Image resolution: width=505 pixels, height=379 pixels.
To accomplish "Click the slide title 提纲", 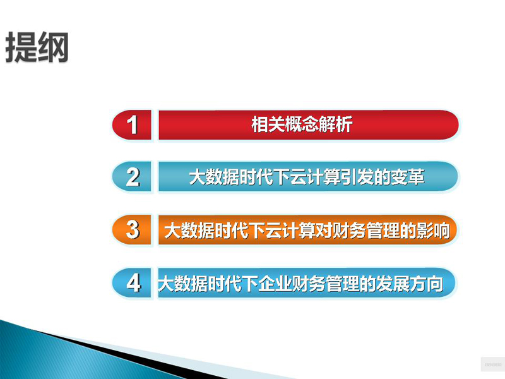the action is coord(37,47).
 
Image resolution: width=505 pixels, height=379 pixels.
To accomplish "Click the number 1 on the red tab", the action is coord(133,125).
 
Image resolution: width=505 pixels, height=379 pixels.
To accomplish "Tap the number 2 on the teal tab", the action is coord(133,177).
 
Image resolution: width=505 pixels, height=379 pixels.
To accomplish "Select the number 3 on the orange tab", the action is coord(133,229).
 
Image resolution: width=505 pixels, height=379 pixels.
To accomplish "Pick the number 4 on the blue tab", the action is coord(133,282).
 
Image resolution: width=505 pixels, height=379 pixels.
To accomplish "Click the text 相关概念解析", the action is coord(302,124).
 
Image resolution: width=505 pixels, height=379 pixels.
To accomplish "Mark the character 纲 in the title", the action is coord(53,47).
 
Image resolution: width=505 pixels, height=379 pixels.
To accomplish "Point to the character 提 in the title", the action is coord(21,47).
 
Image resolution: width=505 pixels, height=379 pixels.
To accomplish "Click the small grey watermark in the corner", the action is coord(493,364).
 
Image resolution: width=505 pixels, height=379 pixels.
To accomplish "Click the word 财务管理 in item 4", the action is coord(325,284).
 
